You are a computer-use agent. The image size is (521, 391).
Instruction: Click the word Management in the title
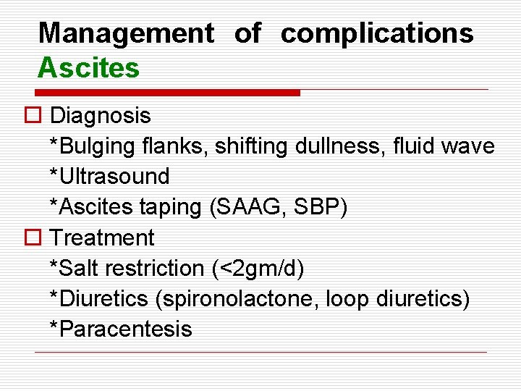(126, 33)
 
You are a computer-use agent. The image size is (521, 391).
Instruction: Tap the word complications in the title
(377, 33)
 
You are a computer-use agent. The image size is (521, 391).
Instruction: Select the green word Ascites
(88, 68)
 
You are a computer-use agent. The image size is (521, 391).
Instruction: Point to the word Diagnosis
(101, 115)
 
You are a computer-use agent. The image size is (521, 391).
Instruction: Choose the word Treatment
(103, 237)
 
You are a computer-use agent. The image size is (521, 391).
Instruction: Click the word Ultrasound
(113, 177)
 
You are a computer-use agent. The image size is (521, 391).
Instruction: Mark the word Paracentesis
(124, 329)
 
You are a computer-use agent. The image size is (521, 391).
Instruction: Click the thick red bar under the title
(168, 93)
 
